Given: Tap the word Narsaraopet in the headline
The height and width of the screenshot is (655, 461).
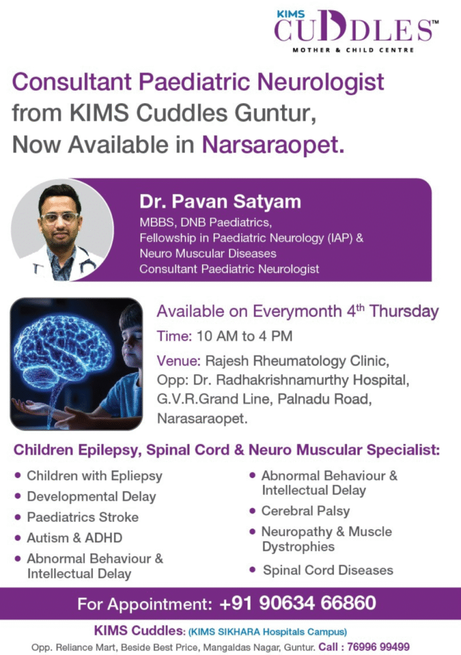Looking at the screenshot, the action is point(273,145).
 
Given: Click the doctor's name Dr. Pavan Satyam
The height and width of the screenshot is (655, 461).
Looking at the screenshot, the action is point(220,201).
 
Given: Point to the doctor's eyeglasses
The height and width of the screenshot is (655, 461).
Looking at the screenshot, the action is point(59,217).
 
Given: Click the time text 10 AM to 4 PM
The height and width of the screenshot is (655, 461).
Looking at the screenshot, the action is point(244,336).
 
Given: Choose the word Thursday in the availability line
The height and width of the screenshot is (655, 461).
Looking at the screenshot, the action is point(404,312).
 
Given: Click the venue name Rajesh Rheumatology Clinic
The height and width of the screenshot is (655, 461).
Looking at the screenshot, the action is point(297,361).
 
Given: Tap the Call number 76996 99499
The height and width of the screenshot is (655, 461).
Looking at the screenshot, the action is point(379,647).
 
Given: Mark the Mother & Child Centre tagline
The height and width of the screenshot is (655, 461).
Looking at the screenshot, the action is point(354,50).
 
